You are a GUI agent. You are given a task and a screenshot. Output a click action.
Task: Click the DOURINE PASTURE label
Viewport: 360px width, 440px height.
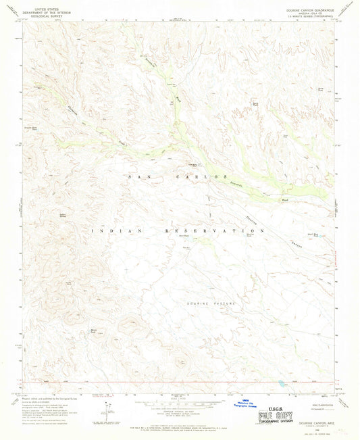pos(210,303)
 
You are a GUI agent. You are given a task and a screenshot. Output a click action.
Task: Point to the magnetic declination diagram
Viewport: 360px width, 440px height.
pos(106,410)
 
